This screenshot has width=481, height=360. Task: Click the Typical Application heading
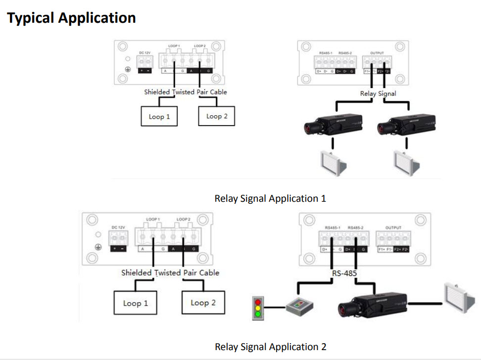(x=71, y=18)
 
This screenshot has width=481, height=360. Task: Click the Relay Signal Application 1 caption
(x=270, y=199)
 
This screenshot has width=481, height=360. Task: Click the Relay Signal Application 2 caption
(x=270, y=347)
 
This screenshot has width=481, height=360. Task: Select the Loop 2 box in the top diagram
(x=216, y=116)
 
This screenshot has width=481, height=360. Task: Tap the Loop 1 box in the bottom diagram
(x=136, y=303)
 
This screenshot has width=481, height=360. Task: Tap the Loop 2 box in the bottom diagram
(x=203, y=303)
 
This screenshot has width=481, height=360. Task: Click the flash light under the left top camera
(x=333, y=162)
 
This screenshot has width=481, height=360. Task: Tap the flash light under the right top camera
(x=406, y=162)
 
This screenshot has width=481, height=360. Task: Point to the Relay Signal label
(x=378, y=93)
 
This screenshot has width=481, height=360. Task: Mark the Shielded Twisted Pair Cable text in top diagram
(x=186, y=92)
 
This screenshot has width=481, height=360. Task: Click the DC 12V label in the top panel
(x=144, y=52)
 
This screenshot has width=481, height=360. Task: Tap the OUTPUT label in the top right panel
(x=377, y=53)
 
